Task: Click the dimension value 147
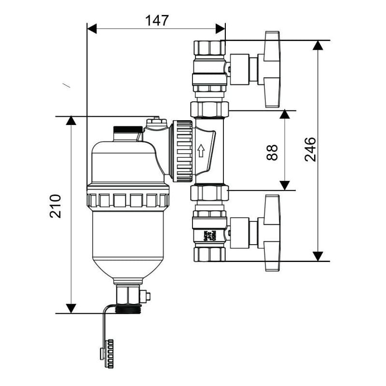click(157, 20)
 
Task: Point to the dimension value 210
click(56, 206)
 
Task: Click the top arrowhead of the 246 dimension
click(317, 45)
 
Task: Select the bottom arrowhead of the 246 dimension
click(317, 256)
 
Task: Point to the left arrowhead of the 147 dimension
click(92, 28)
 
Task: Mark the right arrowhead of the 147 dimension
click(221, 28)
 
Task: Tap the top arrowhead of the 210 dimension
click(71, 121)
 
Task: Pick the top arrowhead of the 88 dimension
click(285, 115)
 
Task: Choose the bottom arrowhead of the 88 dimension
click(285, 185)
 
